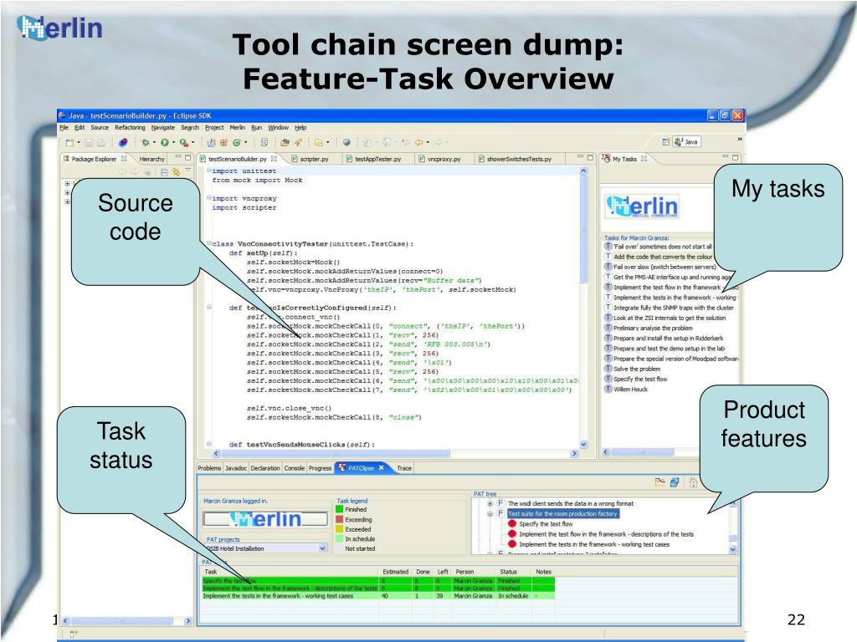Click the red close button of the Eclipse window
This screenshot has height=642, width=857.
click(x=737, y=115)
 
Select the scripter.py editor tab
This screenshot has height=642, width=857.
click(x=314, y=158)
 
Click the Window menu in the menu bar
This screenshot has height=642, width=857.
click(x=278, y=128)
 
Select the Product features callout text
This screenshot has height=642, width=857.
click(x=764, y=425)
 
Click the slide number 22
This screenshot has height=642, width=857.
click(x=796, y=619)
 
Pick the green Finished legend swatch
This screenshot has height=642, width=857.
click(x=339, y=509)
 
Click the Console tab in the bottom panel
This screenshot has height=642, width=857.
click(x=294, y=468)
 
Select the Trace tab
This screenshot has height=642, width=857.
click(x=405, y=468)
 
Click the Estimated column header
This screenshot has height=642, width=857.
click(x=394, y=571)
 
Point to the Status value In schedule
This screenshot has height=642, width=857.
click(x=513, y=596)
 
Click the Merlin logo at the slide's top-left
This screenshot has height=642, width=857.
click(x=59, y=29)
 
